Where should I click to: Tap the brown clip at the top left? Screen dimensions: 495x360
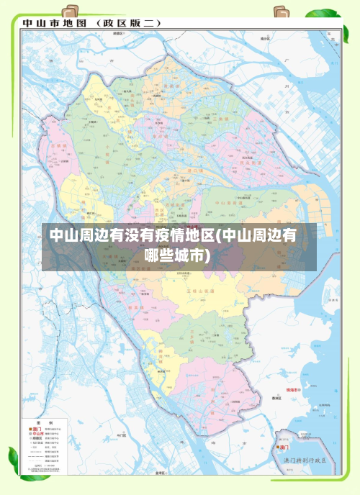pyautogui.click(x=71, y=13)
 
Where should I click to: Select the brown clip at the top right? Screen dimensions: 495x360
pyautogui.click(x=282, y=13)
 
